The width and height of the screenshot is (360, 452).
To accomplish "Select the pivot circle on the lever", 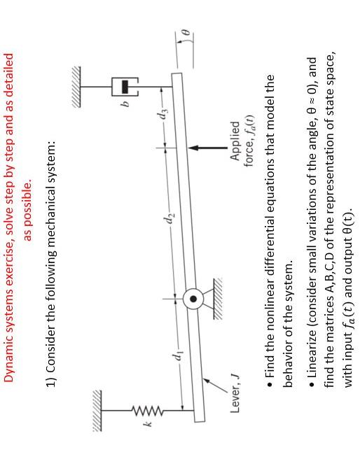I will [x=191, y=299].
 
